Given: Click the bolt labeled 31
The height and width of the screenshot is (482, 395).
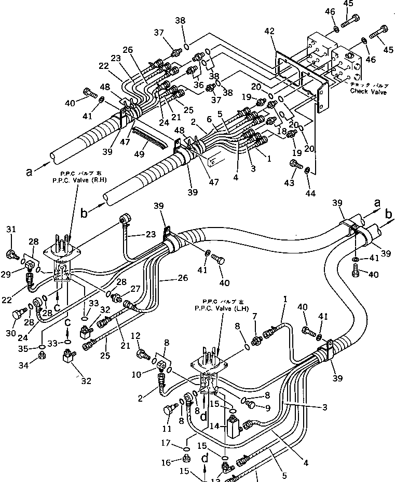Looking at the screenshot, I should [10, 253].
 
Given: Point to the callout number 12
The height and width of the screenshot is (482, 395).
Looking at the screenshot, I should [136, 336].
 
